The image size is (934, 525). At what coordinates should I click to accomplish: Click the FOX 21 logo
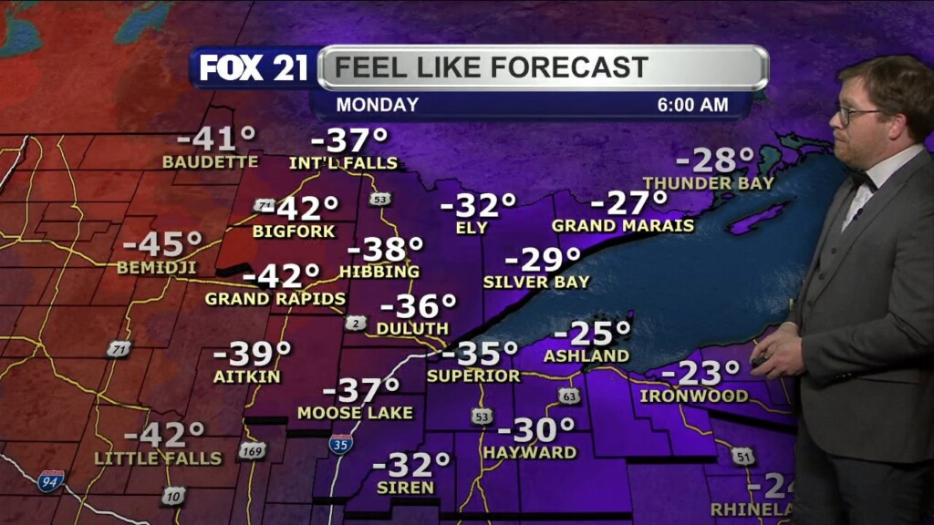coord(254,67)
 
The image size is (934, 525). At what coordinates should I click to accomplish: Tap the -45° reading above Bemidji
coord(162,245)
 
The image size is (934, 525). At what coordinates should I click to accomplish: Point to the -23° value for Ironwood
coord(700,374)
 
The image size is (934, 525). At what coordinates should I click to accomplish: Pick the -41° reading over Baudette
coord(216,139)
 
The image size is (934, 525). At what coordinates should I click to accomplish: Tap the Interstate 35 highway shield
coord(341,444)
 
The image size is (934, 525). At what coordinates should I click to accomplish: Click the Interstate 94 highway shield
coord(50,481)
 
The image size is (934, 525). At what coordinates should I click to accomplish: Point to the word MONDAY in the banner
coord(377,105)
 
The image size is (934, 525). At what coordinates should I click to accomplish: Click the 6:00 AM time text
coord(692,105)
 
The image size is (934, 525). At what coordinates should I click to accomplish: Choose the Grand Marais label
coord(623,225)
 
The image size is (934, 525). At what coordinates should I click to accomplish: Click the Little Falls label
coord(158,458)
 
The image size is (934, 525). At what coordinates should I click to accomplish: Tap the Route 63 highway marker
coord(569,396)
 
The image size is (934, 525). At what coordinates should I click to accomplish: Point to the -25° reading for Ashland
coord(599,333)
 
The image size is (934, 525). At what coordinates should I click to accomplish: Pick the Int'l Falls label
coord(343,163)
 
